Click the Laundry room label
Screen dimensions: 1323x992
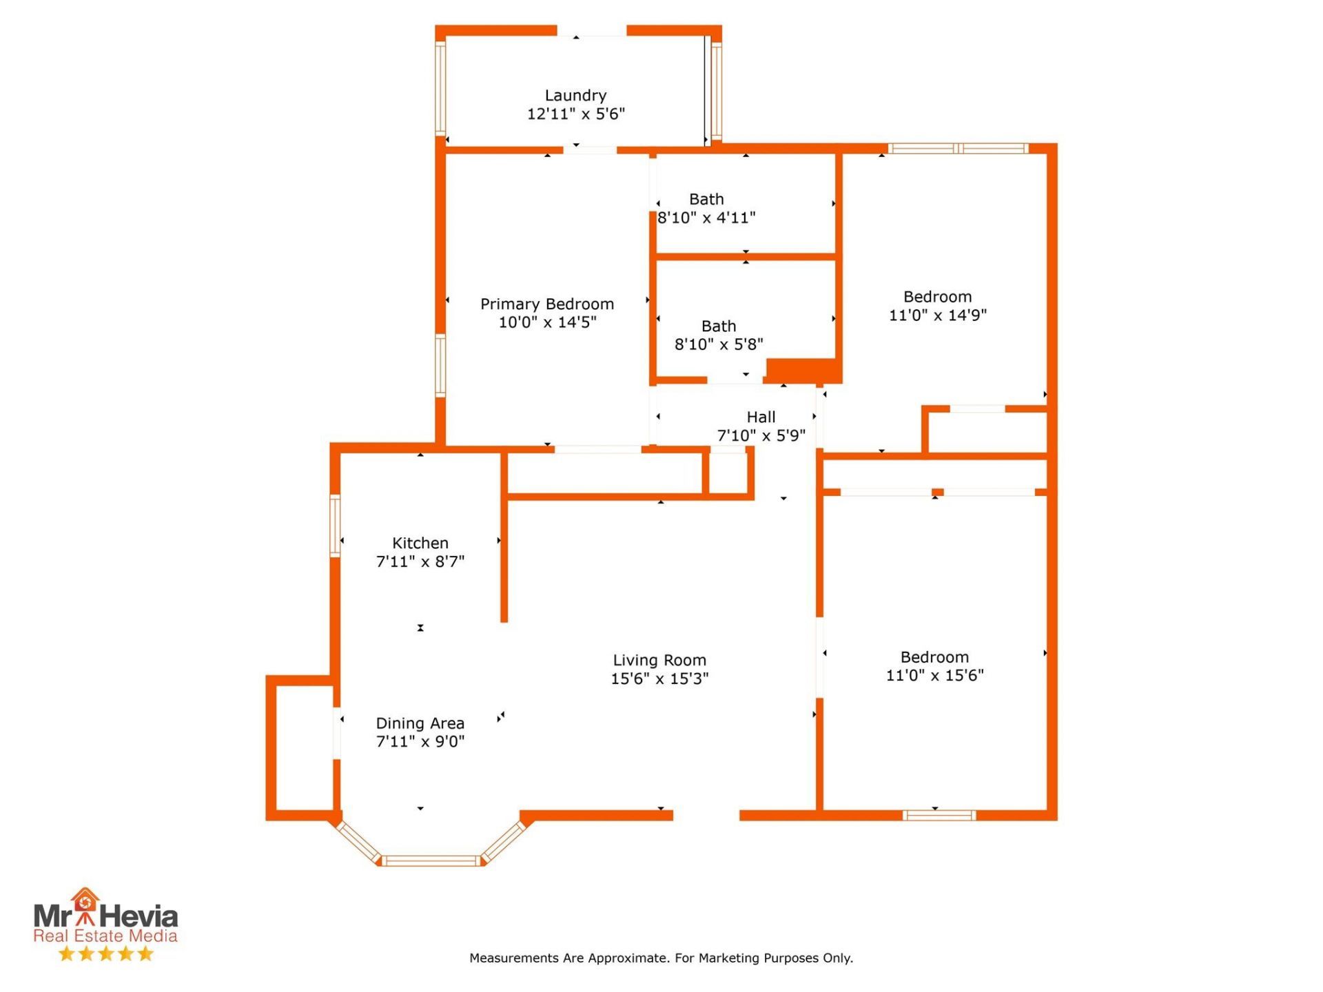575,96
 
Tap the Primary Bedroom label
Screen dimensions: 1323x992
547,304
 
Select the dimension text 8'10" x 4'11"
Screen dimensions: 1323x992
706,218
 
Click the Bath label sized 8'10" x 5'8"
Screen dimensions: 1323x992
719,326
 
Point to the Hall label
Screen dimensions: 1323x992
761,417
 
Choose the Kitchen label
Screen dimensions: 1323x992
420,543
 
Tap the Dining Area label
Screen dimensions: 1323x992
420,723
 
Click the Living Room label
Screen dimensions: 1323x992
659,661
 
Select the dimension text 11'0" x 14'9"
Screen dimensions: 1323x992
938,316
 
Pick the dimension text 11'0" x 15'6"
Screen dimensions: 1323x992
935,675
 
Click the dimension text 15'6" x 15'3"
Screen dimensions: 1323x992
659,679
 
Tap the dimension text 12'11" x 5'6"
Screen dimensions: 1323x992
576,114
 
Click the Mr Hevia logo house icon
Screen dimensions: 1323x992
85,905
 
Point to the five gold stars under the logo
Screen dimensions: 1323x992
105,954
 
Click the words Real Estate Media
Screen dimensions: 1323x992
105,936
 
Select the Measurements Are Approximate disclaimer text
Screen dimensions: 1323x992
661,958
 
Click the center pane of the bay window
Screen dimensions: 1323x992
431,860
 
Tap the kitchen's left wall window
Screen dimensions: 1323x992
335,526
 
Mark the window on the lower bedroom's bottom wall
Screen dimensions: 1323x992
939,816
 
